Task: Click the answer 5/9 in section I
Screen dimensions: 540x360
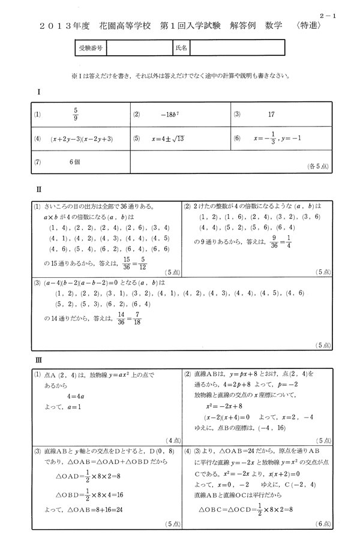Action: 76,115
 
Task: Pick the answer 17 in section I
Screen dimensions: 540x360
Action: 271,114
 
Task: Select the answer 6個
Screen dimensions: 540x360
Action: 74,161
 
